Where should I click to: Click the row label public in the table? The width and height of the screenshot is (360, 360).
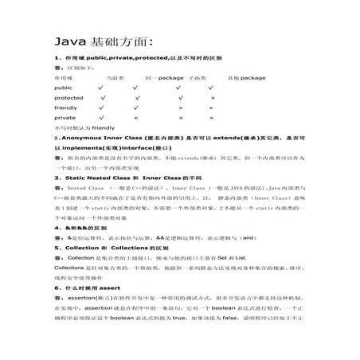pyautogui.click(x=63, y=88)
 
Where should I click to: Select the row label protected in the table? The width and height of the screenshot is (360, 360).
pyautogui.click(x=68, y=97)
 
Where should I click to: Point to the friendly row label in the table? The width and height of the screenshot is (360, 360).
pyautogui.click(x=66, y=107)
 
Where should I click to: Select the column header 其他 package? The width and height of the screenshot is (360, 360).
pyautogui.click(x=246, y=78)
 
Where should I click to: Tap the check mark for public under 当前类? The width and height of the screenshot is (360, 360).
pyautogui.click(x=100, y=88)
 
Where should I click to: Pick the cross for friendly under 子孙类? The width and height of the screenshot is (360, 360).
pyautogui.click(x=181, y=107)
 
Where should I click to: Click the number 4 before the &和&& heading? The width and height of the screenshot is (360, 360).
pyautogui.click(x=55, y=227)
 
